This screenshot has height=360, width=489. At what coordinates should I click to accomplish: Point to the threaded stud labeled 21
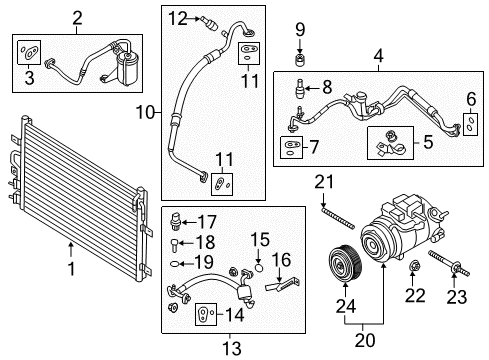coord(329,220)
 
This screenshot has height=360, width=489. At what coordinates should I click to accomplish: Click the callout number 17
coord(207,221)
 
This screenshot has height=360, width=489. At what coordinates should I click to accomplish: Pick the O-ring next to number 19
coord(177,264)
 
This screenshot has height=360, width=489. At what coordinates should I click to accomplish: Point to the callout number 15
coord(262,240)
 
